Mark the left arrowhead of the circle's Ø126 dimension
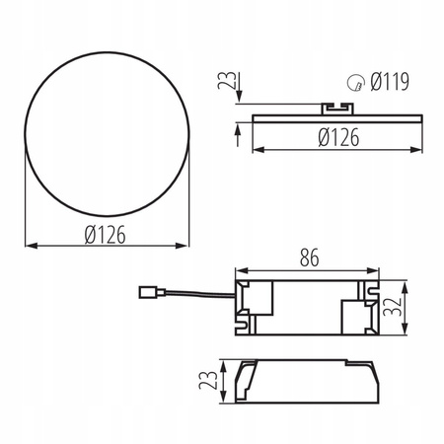[x=27, y=245]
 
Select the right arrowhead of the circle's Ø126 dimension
[x=187, y=245]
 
